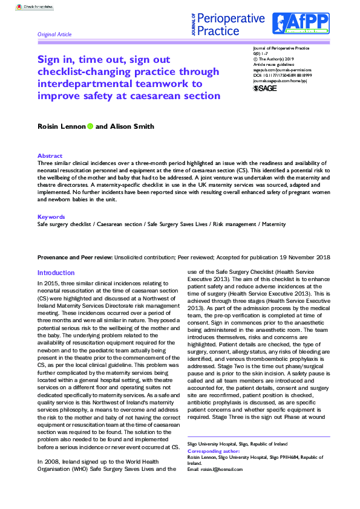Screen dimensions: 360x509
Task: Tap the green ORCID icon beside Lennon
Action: click(x=90, y=126)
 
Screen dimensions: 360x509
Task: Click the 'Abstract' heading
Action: click(x=50, y=156)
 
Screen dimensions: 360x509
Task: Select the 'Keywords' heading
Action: click(x=51, y=216)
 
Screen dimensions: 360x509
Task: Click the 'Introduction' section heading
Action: click(x=56, y=273)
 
